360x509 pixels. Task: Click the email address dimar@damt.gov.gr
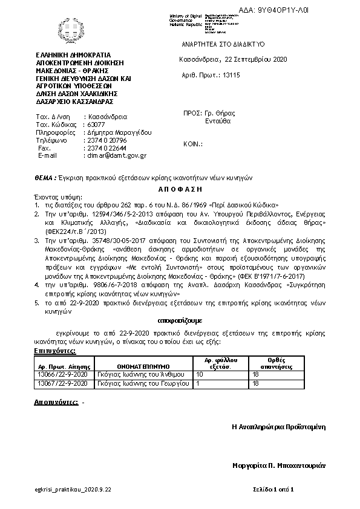click(x=117, y=155)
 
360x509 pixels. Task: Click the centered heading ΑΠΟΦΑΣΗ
click(x=180, y=189)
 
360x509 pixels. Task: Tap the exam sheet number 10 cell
click(x=200, y=375)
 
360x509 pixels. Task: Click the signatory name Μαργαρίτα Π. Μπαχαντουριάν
click(x=279, y=465)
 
